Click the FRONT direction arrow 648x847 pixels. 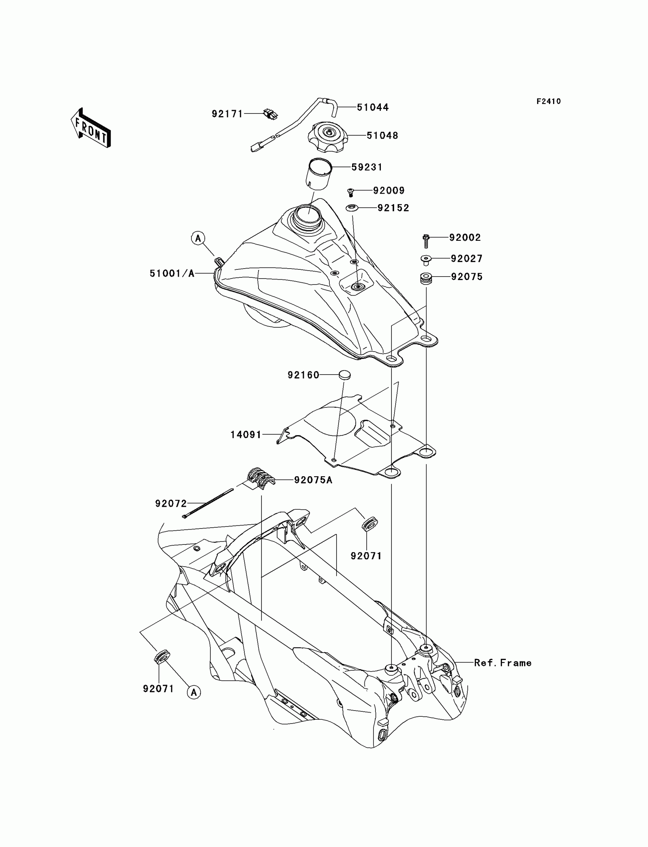[x=91, y=129]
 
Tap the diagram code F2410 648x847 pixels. [x=549, y=101]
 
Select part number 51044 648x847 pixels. [x=373, y=107]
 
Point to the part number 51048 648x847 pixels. [x=382, y=135]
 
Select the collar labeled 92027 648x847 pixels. [x=425, y=260]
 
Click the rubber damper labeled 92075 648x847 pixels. [x=426, y=279]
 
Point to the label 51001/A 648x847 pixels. [x=172, y=273]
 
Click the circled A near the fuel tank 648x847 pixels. [x=198, y=238]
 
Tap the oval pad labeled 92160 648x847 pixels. [x=345, y=374]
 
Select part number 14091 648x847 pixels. [x=246, y=435]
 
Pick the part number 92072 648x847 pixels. [x=171, y=503]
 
